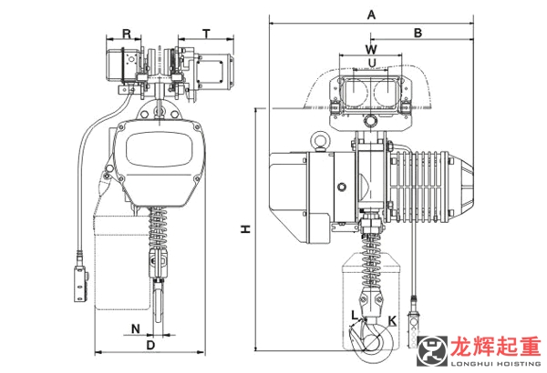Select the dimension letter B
point(418,32)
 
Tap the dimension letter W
point(371,46)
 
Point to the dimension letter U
point(371,61)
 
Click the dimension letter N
point(135,327)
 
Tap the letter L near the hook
point(354,315)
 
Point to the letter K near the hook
point(392,319)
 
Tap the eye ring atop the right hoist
point(321,141)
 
